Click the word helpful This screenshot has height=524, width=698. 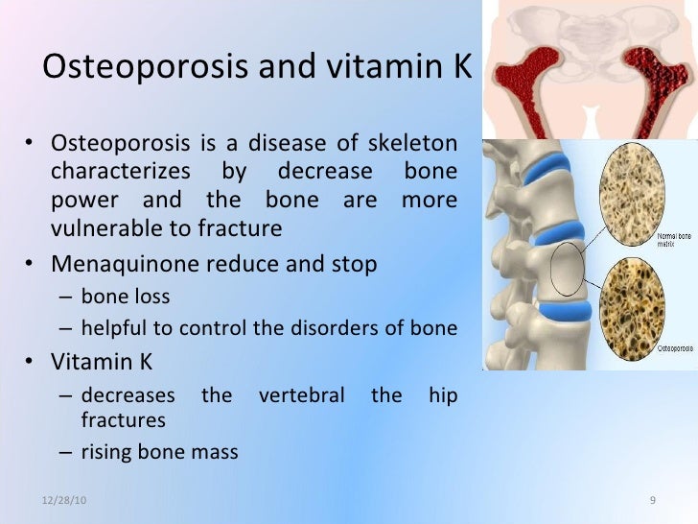[x=112, y=327]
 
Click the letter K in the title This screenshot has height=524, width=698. [x=461, y=66]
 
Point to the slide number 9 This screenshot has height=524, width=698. [x=652, y=503]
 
